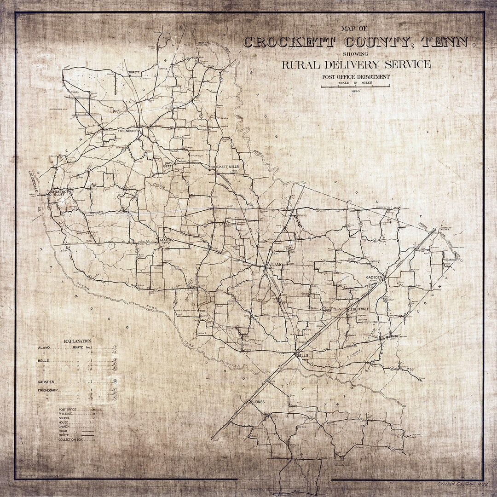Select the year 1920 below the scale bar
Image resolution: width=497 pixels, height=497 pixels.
(x=355, y=91)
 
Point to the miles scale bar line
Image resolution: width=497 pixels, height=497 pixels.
(x=355, y=86)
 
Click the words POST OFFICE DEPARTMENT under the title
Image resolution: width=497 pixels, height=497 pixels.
(x=356, y=77)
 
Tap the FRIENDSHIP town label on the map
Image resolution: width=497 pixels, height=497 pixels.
(x=128, y=132)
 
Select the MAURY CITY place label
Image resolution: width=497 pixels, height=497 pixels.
(x=166, y=243)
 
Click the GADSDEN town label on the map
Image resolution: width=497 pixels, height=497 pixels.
(x=374, y=278)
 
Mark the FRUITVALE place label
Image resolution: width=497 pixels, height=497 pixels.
(x=360, y=309)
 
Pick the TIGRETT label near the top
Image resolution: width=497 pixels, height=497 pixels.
(x=133, y=72)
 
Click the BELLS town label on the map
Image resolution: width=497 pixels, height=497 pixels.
(x=302, y=356)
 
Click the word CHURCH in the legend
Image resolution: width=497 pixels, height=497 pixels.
(x=64, y=427)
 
